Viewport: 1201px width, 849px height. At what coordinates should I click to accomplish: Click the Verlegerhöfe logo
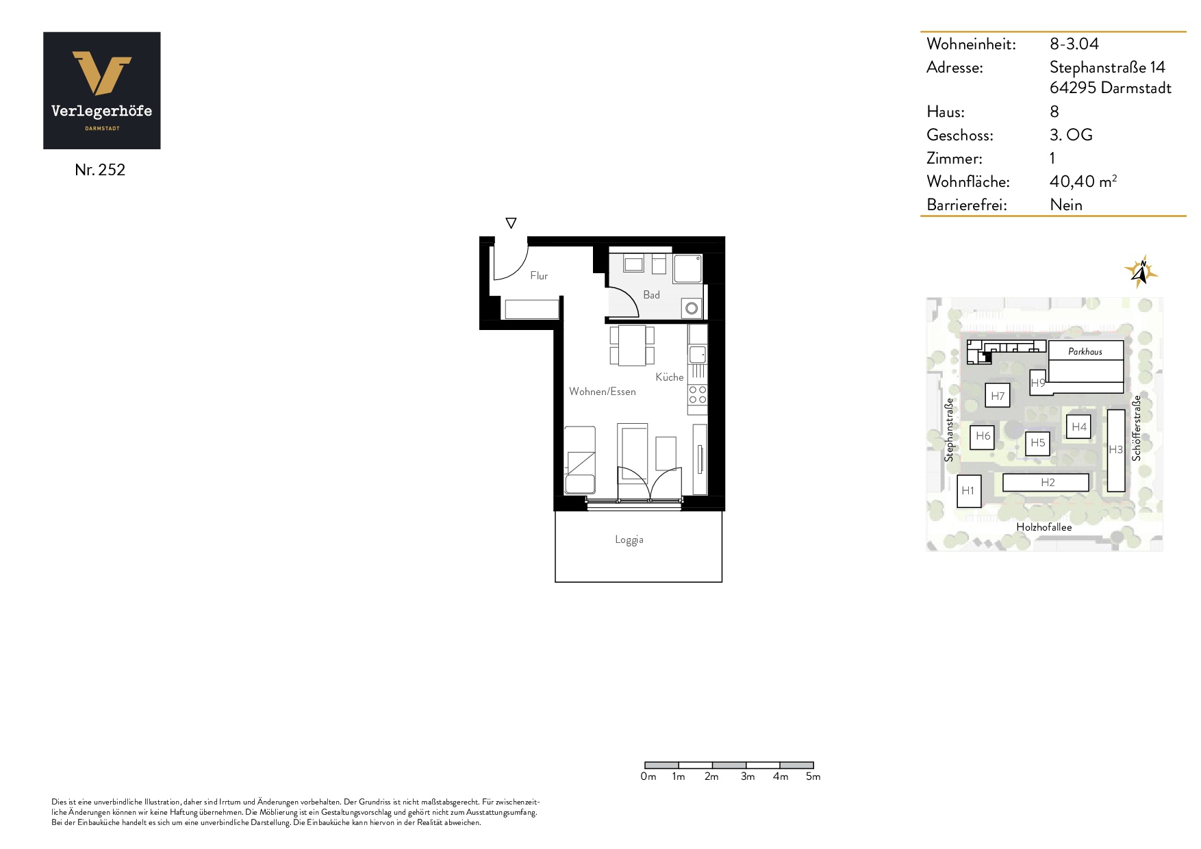click(102, 90)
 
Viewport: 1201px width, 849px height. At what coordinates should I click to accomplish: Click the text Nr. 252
click(100, 170)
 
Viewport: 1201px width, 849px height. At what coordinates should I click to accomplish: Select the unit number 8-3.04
click(1074, 44)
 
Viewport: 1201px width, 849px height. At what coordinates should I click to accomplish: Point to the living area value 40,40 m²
click(1083, 181)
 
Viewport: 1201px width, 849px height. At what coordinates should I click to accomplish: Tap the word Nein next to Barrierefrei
click(1066, 205)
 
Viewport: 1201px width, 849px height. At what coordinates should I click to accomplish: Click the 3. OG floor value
click(1071, 135)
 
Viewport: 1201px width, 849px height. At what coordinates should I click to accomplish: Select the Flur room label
click(539, 275)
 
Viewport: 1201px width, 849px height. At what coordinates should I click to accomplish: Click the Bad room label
click(651, 294)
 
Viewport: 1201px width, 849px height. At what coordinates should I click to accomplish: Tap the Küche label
click(669, 377)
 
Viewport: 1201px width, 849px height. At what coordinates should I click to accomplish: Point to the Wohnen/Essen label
click(603, 392)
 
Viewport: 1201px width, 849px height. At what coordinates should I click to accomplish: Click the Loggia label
click(629, 540)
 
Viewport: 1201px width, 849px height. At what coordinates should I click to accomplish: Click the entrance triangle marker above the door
click(511, 223)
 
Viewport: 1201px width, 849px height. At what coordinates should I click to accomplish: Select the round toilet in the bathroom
click(692, 308)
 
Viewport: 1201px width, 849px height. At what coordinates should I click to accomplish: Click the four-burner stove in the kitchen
click(698, 395)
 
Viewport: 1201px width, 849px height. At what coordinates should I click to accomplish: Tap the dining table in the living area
click(632, 346)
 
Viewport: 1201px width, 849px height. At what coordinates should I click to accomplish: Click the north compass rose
click(1141, 272)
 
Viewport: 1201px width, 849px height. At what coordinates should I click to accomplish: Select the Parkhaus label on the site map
click(1085, 351)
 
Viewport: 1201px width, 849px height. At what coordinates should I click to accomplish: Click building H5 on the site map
click(1038, 443)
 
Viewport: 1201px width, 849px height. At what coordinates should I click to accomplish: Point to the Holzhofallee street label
click(1044, 527)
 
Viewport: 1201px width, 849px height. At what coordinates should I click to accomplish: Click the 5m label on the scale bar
click(813, 776)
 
